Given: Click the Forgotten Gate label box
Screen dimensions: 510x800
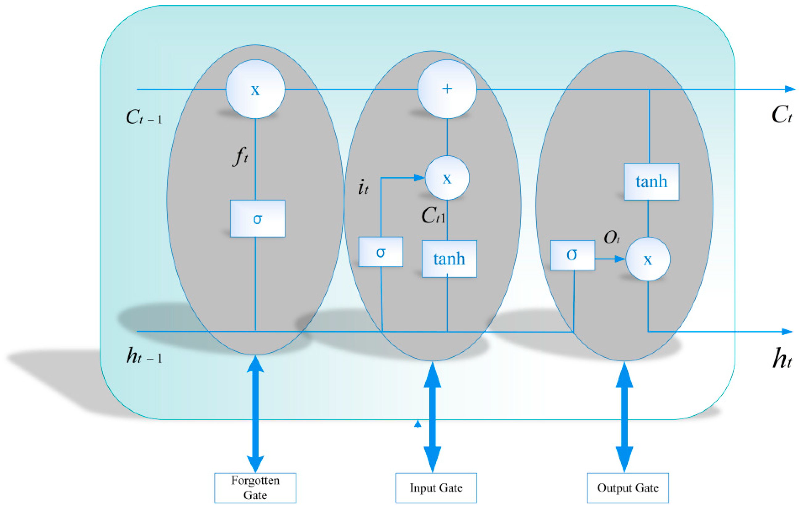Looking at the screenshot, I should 255,488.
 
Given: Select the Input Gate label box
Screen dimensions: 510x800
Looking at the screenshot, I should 436,488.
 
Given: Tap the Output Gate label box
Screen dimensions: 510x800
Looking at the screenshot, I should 628,488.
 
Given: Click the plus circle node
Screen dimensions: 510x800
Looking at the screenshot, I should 447,89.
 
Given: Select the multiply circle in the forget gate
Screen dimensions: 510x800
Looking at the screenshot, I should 255,89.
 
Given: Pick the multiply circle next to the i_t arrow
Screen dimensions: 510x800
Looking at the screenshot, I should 447,178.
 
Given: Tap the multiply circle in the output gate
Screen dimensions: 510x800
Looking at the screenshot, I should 648,259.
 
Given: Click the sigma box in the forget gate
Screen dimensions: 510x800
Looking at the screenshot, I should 258,218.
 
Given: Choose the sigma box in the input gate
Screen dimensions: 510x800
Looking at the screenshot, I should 381,252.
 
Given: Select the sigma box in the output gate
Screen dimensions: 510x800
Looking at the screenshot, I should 573,255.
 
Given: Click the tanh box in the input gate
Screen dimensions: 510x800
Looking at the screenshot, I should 449,259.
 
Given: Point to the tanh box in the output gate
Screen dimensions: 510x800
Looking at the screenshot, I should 651,182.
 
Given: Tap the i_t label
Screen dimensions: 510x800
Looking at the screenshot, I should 363,187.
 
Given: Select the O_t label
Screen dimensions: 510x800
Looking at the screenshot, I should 612,237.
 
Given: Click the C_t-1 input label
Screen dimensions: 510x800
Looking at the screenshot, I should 144,117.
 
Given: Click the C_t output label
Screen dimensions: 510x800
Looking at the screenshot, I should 782,115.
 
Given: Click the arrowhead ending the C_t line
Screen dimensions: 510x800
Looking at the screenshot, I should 790,89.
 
